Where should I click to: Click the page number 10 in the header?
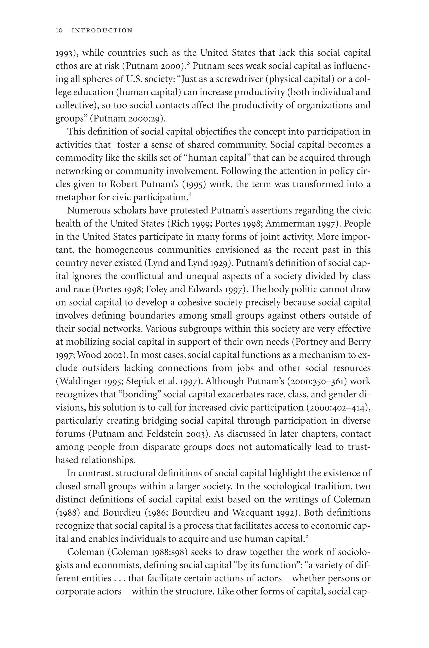[59, 30]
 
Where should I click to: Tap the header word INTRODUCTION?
[102, 30]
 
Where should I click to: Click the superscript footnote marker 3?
[188, 63]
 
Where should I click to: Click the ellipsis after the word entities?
[119, 578]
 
